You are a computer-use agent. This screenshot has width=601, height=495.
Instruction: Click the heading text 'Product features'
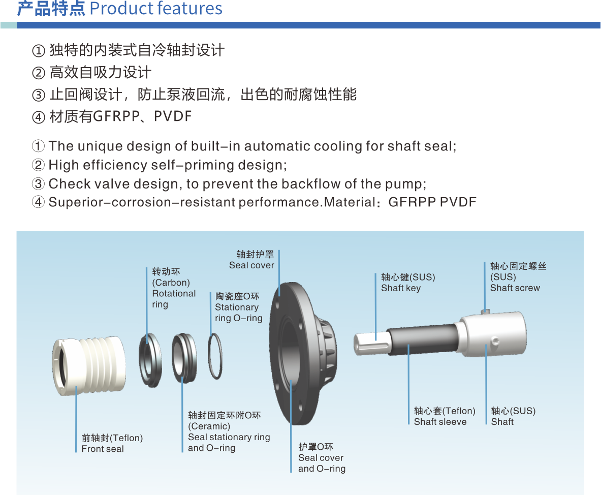point(155,8)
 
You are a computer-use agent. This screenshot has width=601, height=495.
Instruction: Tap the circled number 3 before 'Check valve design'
point(38,183)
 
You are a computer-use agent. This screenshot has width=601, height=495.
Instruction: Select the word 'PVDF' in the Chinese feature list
point(173,116)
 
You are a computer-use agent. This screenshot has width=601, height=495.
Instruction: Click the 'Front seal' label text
point(103,449)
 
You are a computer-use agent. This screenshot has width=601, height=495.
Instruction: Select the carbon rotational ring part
point(150,360)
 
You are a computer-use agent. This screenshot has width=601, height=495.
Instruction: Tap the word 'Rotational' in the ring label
point(174,293)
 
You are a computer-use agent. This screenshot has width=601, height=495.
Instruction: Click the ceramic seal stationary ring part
point(184,358)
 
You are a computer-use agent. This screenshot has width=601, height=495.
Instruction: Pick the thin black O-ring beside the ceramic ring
point(215,356)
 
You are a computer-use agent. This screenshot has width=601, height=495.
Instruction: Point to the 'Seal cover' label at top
point(252,265)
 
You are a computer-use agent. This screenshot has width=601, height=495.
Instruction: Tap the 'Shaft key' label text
point(401,288)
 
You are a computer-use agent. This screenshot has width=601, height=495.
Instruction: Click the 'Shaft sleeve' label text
point(440,422)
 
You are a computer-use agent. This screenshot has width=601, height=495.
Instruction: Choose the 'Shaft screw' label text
point(515,288)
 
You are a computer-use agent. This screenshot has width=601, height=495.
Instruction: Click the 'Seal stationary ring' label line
point(229,437)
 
